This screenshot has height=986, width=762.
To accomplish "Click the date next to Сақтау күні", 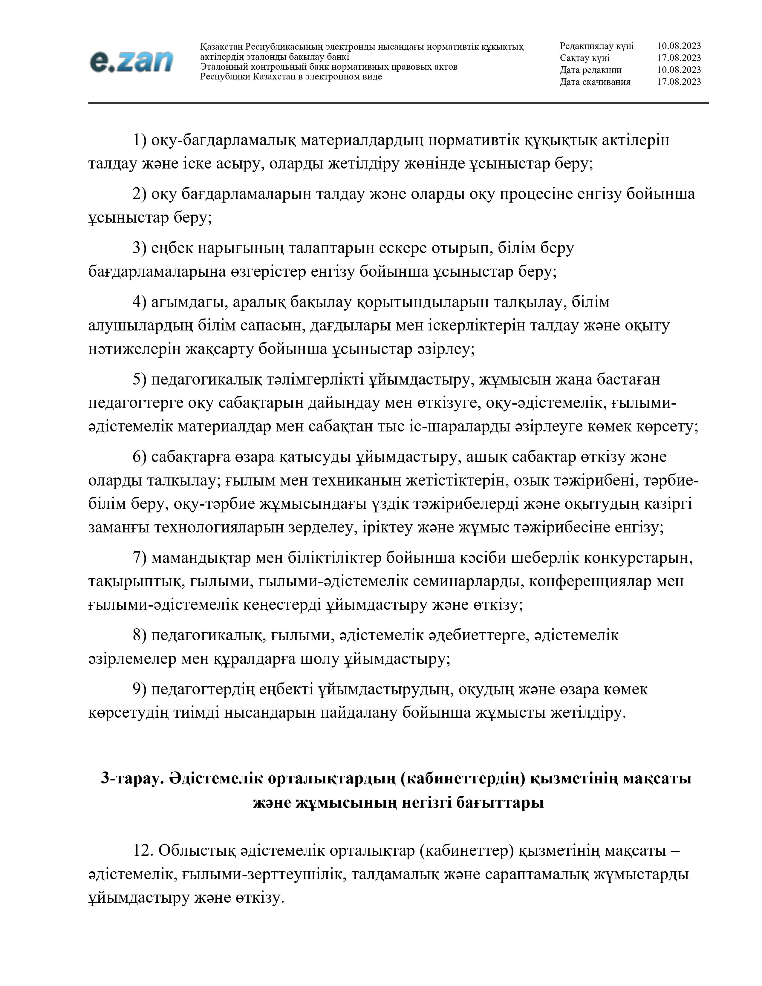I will pos(679,58).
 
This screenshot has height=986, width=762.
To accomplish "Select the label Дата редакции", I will pos(590,70).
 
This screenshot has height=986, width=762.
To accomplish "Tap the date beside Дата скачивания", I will pos(679,82).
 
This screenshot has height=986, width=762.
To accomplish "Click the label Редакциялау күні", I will pos(596,46).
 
